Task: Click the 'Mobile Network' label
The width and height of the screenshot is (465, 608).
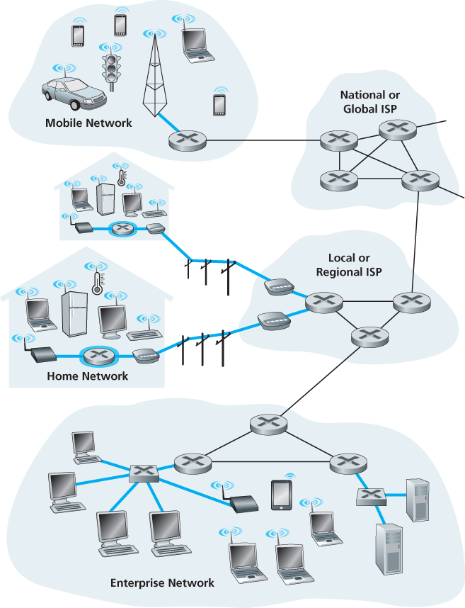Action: pos(88,123)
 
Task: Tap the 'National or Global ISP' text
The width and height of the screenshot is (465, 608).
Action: pos(369,101)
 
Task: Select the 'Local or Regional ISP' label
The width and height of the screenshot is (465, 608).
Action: pos(349,265)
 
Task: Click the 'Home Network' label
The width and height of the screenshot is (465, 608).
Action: pos(87,376)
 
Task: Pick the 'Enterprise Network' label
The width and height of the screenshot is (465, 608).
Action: pos(162,583)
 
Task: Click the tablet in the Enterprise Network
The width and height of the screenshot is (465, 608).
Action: pos(281,495)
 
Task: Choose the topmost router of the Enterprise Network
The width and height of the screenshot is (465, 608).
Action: pos(268,424)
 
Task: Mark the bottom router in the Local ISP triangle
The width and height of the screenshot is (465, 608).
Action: pos(366,335)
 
